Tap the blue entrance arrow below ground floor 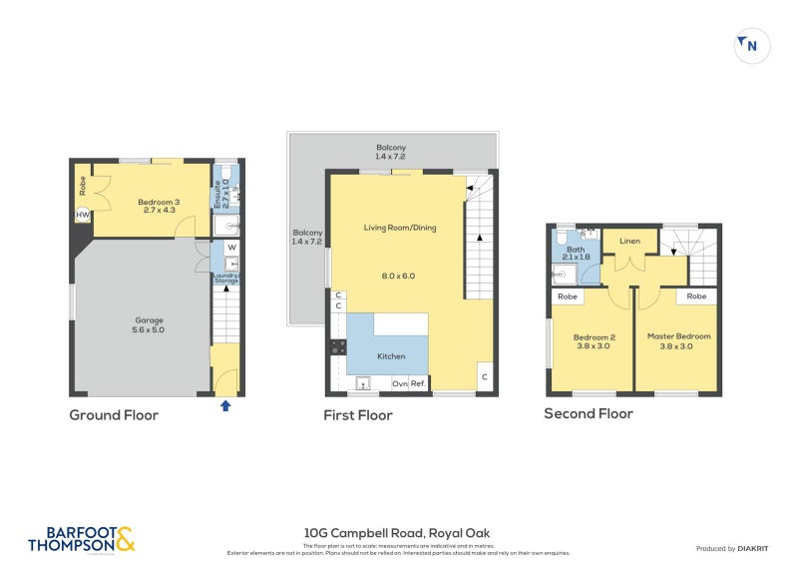tap(225, 405)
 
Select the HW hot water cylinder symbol tap(82, 214)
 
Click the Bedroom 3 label tap(159, 202)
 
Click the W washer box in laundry tap(231, 247)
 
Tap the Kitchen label tap(390, 355)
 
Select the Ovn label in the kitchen tap(398, 383)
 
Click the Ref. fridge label tap(419, 383)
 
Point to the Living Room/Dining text tap(399, 228)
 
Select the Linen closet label tap(629, 242)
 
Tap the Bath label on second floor tap(577, 251)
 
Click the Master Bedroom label tap(678, 336)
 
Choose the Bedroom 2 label tap(594, 336)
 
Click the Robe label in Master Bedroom tap(696, 296)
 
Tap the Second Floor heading tap(589, 413)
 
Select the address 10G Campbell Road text tap(397, 533)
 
